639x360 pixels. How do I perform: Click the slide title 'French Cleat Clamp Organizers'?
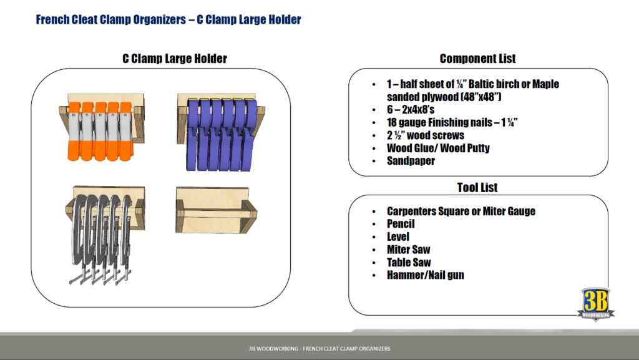(168, 20)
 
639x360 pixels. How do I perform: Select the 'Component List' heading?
(477, 59)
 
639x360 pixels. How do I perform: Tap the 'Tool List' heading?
(477, 187)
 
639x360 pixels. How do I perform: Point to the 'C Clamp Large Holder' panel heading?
(174, 59)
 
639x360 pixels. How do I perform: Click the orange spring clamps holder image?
(104, 127)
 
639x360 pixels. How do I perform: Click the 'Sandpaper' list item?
(411, 161)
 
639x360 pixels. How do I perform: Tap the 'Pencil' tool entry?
(401, 224)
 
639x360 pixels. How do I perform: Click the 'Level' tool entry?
(398, 237)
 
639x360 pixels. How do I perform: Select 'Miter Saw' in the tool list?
(408, 250)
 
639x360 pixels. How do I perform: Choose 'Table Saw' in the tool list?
(409, 263)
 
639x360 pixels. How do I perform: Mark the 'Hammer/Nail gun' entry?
(425, 275)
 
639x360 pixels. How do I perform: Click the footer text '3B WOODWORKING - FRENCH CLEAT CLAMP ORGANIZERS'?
(319, 349)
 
